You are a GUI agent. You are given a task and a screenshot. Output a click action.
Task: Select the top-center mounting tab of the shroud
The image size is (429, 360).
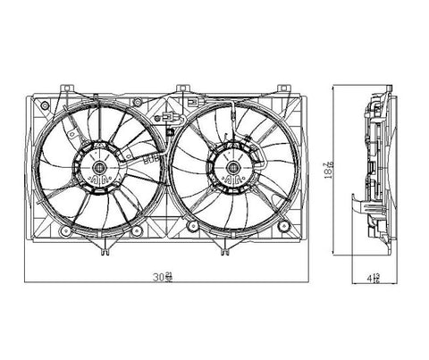tap(183, 88)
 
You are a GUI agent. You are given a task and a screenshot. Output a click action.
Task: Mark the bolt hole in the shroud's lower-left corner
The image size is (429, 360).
tap(43, 230)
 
